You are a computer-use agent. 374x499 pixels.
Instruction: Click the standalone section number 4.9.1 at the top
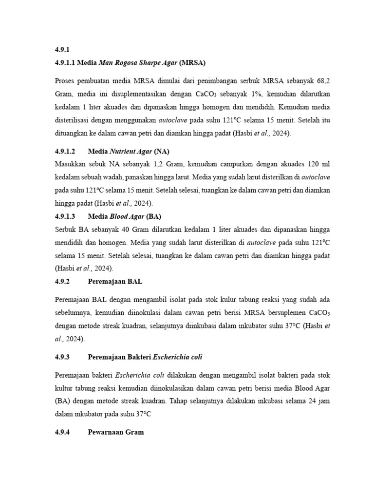pos(63,50)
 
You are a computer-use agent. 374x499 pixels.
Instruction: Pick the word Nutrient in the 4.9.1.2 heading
pos(124,151)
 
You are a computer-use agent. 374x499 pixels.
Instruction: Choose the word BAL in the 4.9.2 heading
pos(135,281)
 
